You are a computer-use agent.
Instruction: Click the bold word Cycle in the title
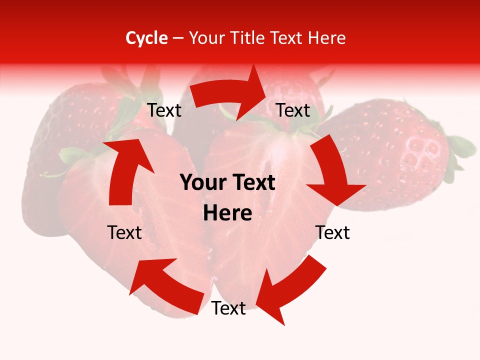pyautogui.click(x=146, y=38)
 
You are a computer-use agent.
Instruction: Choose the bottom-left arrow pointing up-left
pyautogui.click(x=165, y=282)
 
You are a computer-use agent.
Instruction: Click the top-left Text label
pyautogui.click(x=164, y=110)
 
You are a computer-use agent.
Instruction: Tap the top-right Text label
pyautogui.click(x=293, y=110)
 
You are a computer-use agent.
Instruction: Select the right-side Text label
pyautogui.click(x=332, y=232)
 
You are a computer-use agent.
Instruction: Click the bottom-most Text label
pyautogui.click(x=228, y=308)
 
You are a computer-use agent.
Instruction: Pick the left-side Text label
pyautogui.click(x=124, y=232)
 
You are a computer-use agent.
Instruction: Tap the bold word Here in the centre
pyautogui.click(x=227, y=213)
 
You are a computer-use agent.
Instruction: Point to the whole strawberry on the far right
pyautogui.click(x=395, y=150)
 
